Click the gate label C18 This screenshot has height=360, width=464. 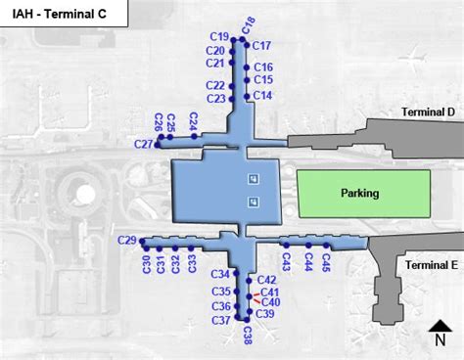tap(249, 25)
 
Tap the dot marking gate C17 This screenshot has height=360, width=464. tap(247, 45)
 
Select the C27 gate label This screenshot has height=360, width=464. tap(143, 144)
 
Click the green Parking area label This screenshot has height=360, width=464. tap(360, 193)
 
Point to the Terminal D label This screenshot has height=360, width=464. tap(428, 112)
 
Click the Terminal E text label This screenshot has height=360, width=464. tap(432, 265)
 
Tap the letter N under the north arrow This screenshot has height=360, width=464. tap(441, 340)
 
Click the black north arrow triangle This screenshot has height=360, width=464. tap(441, 326)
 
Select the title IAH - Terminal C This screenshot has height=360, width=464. tap(60, 14)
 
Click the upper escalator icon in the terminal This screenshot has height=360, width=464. tap(254, 179)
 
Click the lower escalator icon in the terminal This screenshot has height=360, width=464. tap(254, 202)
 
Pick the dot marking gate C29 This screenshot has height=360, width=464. tap(142, 241)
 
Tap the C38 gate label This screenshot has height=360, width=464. tap(248, 336)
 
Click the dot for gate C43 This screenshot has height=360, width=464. tap(287, 246)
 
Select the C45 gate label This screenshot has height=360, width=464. tap(326, 262)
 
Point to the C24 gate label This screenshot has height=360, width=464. tap(194, 121)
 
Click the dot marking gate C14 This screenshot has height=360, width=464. tap(247, 97)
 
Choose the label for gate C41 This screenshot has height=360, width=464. tap(270, 292)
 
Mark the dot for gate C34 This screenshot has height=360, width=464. tap(236, 273)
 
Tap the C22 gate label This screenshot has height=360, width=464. tap(215, 85)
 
